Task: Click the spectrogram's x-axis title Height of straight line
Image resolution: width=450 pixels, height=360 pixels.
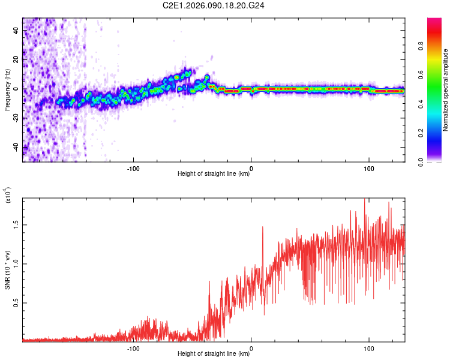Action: (214, 174)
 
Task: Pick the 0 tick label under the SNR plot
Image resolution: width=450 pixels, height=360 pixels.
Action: (251, 347)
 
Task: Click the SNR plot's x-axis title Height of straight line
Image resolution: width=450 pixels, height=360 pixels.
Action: (214, 354)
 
